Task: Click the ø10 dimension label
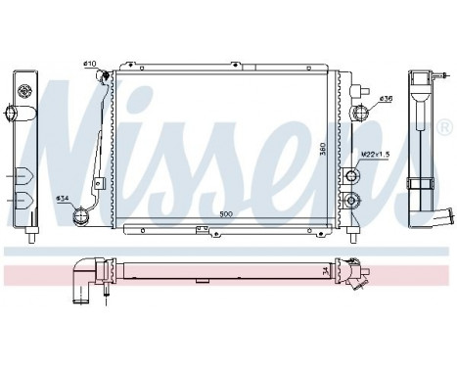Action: (x=89, y=65)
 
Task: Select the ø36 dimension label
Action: (x=388, y=97)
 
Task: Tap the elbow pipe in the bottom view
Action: (x=86, y=280)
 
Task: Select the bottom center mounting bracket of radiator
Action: (x=204, y=231)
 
